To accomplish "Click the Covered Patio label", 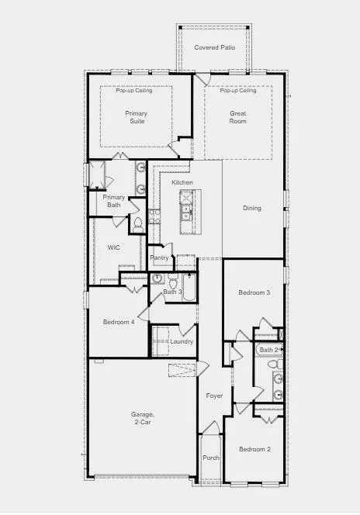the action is pos(214,47).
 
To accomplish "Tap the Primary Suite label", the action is pos(137,117).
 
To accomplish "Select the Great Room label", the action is pos(238,117).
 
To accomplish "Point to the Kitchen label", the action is pos(182,182).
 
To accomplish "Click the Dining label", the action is pos(252,208).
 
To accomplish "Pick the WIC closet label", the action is pos(113,247).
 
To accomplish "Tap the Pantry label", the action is pos(159,257).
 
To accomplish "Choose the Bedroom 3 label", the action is pos(254,292).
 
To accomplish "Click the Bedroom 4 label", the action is pos(119,322).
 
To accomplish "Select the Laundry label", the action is pos(182,341).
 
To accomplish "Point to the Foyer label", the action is pos(214,396).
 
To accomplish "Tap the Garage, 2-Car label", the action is pos(142,418).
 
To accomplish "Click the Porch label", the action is pos(210,458).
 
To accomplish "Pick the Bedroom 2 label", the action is pos(255,449).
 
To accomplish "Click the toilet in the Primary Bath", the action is pos(138,225).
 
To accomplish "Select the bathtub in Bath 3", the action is pos(189,288).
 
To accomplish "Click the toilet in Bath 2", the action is pos(275,364).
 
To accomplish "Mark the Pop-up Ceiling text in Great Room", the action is pos(238,90).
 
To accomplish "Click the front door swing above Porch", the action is pos(210,427).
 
